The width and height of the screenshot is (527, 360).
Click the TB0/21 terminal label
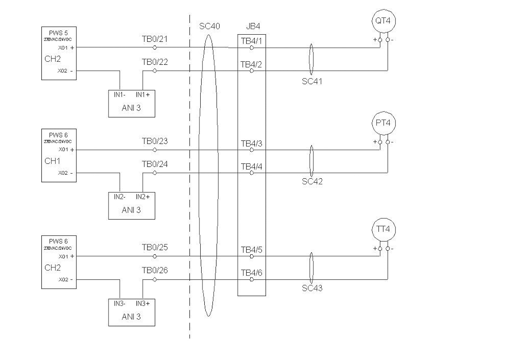click(x=155, y=40)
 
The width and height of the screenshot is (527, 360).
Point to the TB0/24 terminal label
click(x=155, y=165)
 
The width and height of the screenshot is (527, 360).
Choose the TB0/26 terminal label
click(x=155, y=271)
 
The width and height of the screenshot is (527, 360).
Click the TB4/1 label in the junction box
click(x=251, y=41)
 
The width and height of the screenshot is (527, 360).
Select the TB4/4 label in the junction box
click(x=251, y=166)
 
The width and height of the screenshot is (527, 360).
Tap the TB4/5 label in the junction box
click(x=251, y=250)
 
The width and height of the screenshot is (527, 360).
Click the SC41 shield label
click(x=312, y=81)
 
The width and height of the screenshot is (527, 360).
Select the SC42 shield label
click(x=312, y=182)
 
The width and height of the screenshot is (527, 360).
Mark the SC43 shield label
click(x=312, y=288)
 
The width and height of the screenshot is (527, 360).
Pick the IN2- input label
click(x=119, y=197)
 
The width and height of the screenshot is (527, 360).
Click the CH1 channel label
click(x=52, y=161)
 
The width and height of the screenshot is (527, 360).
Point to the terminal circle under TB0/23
click(x=155, y=150)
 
